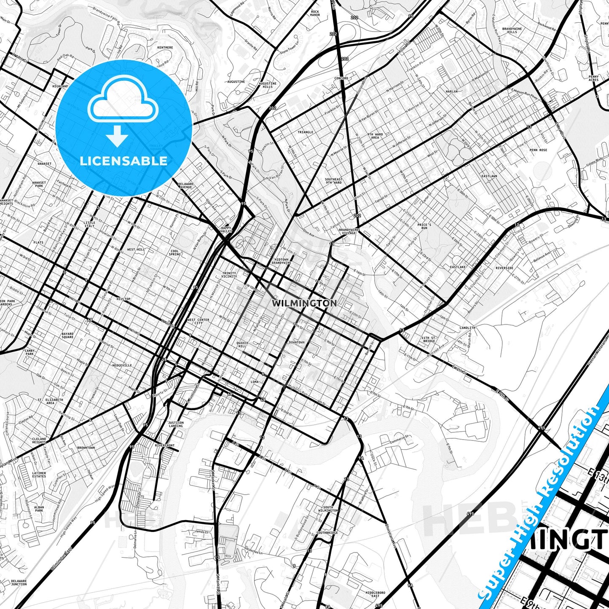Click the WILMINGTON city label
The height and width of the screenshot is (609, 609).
coord(304,303)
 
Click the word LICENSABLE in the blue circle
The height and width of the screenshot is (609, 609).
coord(123,161)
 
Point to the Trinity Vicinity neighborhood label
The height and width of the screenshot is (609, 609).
coord(229,275)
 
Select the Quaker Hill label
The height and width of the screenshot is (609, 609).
coord(242,344)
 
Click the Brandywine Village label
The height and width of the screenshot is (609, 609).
coord(349,231)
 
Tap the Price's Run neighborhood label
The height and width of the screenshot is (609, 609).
coord(424,226)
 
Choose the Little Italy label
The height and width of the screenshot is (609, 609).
coord(89,224)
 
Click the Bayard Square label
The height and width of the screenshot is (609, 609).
coord(67,335)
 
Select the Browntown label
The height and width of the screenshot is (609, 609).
coord(86,448)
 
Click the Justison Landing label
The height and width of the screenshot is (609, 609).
coord(176,424)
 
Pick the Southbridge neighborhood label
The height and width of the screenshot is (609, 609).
coord(327,533)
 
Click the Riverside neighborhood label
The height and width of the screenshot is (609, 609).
coord(504,268)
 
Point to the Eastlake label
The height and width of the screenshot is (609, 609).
coord(458,267)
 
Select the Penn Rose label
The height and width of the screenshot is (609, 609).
coord(538,150)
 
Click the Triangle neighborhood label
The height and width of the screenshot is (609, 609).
coord(306,132)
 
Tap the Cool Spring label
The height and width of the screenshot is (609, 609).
coord(174,253)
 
